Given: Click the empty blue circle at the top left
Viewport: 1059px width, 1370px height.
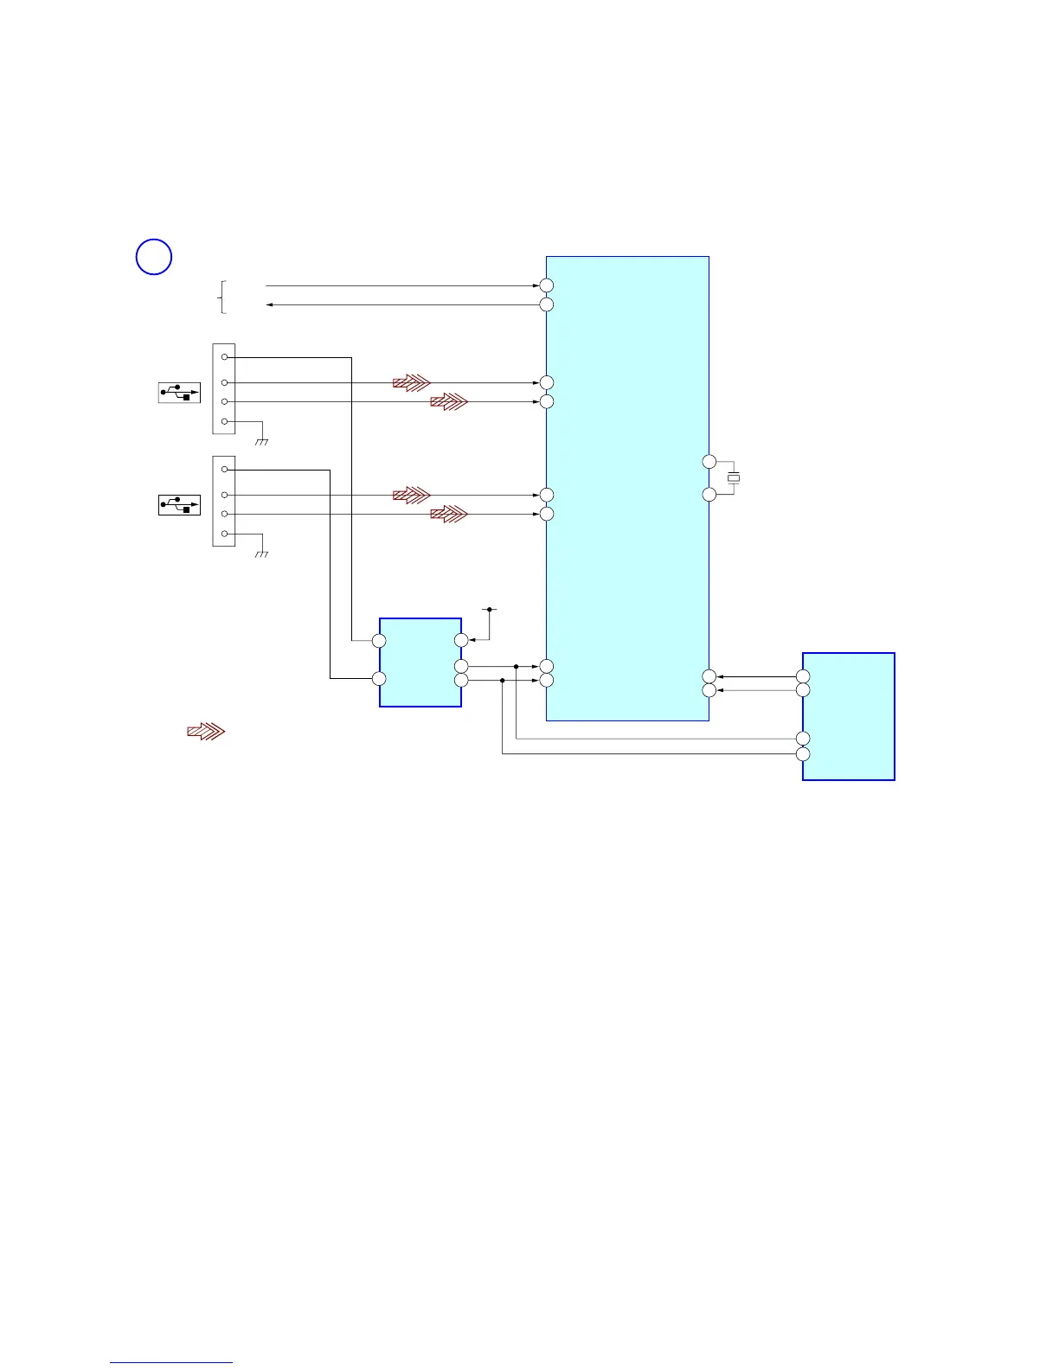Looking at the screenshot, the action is [154, 257].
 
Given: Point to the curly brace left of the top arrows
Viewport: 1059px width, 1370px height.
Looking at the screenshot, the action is [223, 297].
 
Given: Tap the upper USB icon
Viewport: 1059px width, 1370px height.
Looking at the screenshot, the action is [179, 393].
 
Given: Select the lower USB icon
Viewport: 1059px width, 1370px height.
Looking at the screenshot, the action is [179, 504].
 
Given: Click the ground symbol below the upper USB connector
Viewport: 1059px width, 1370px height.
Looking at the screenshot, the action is [262, 441].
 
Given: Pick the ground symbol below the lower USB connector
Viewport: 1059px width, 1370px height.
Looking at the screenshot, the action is [262, 554].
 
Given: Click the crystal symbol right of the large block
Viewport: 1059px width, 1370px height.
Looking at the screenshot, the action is [734, 477].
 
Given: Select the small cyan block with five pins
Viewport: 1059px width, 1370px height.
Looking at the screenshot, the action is [420, 663].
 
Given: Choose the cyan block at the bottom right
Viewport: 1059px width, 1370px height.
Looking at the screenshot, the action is [849, 716].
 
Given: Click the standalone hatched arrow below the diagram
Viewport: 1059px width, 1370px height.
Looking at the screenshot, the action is [206, 732].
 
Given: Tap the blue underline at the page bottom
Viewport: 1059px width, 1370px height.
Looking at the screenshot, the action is [171, 1362].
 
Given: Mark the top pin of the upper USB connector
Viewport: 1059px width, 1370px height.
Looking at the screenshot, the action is [225, 356].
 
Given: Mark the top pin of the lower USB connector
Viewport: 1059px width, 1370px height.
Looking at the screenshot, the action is [225, 470].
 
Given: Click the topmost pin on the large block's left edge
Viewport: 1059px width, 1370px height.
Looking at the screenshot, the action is [547, 285].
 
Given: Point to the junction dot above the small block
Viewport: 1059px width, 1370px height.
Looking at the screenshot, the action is [490, 610].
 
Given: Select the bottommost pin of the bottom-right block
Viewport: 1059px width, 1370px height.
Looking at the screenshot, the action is [803, 754].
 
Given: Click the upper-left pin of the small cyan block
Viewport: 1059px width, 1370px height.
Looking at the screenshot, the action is [379, 641].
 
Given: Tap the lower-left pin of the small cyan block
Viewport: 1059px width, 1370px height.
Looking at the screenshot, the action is [379, 679].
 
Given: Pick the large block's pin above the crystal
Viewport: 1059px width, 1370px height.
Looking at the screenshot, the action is [709, 461].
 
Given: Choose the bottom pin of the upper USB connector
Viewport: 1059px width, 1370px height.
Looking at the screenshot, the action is [225, 421].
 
